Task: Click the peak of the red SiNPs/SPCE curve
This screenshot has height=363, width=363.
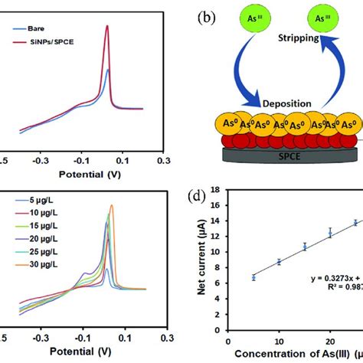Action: (x=107, y=27)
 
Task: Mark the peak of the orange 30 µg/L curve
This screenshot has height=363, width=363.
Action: (x=112, y=205)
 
